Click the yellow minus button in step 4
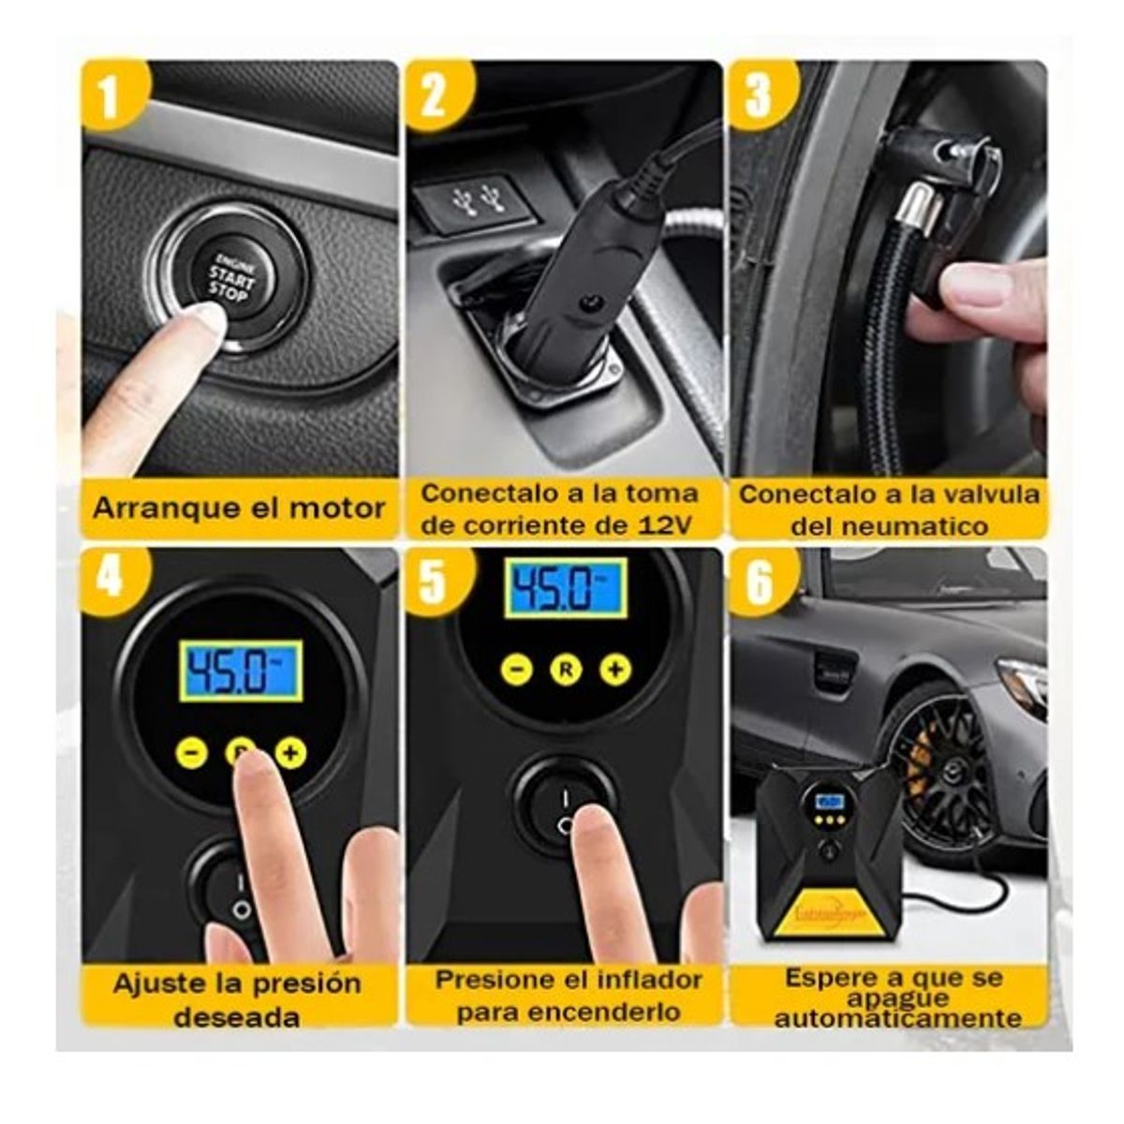pyautogui.click(x=192, y=751)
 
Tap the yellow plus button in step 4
pyautogui.click(x=292, y=751)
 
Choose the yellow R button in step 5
pyautogui.click(x=566, y=669)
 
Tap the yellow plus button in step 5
pyautogui.click(x=615, y=669)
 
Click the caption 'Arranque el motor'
pyautogui.click(x=239, y=509)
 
